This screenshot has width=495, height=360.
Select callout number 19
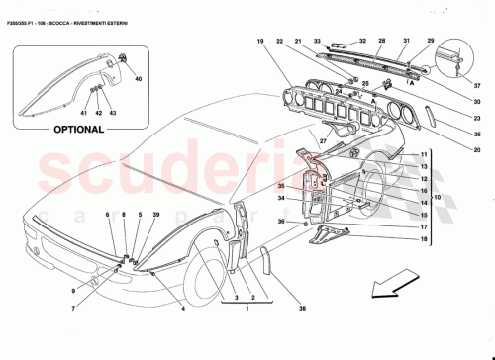260,42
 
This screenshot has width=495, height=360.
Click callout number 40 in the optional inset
138,78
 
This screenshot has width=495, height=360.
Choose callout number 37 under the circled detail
475,84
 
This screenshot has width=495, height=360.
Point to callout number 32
362,42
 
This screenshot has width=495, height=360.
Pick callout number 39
156,215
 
